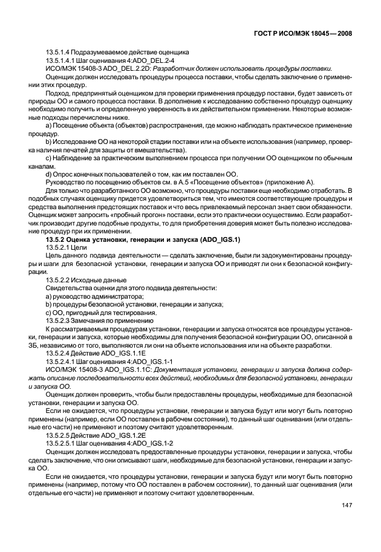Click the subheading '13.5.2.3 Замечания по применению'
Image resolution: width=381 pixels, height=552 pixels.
point(96,320)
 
